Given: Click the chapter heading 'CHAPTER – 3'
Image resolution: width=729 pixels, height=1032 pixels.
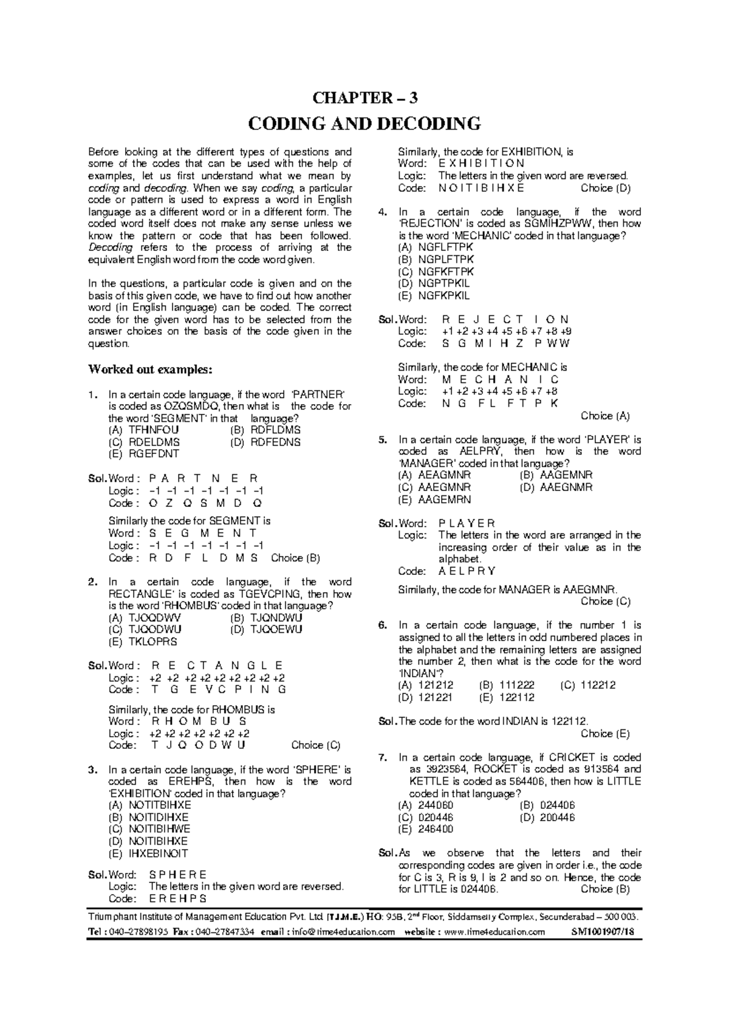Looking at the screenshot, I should coord(364,98).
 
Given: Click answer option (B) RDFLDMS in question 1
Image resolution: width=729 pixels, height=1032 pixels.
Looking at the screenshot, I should coord(266,430).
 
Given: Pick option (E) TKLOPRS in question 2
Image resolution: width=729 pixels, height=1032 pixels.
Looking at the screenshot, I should coord(143,641).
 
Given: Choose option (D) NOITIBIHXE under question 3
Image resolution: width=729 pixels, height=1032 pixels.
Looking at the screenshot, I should coord(149,841).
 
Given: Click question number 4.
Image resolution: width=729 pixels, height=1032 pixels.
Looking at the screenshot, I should coord(382,212).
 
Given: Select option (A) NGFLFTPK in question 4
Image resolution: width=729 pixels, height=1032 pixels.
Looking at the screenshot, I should coord(436,248).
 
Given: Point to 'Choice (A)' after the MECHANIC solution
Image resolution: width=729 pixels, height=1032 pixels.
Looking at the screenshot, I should coord(605,416).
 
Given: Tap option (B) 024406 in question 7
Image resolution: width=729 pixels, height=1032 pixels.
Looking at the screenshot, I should coord(548,805).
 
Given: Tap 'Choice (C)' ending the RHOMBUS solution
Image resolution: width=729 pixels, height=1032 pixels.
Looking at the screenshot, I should coord(316,745).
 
